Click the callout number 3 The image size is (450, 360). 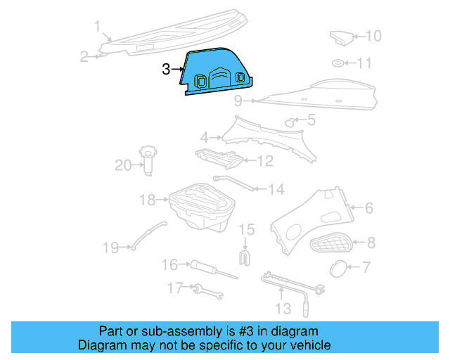[166, 69]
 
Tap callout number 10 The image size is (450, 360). [373, 36]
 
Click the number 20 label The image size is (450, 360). [123, 165]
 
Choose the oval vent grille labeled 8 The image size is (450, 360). [332, 244]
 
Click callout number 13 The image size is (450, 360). [282, 309]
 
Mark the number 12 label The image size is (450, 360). [264, 161]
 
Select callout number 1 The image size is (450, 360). [98, 27]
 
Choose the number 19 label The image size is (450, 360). [110, 247]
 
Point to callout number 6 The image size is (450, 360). [368, 207]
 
